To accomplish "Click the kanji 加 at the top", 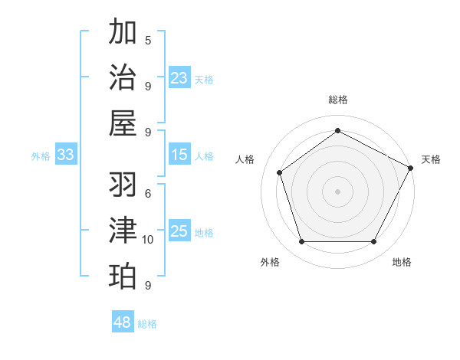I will pyautogui.click(x=123, y=33).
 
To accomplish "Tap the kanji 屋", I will pyautogui.click(x=123, y=123).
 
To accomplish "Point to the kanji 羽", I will pyautogui.click(x=123, y=185).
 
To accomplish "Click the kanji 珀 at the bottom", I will pyautogui.click(x=123, y=276).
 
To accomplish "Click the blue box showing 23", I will pyautogui.click(x=179, y=78).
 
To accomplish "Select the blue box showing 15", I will pyautogui.click(x=179, y=155).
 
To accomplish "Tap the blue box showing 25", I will pyautogui.click(x=179, y=231).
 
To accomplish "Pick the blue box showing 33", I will pyautogui.click(x=65, y=155).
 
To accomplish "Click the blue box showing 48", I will pyautogui.click(x=123, y=322).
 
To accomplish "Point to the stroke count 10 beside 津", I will pyautogui.click(x=148, y=240).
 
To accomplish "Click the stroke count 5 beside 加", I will pyautogui.click(x=148, y=40).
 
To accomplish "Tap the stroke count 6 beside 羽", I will pyautogui.click(x=148, y=194).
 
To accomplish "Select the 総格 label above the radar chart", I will pyautogui.click(x=337, y=100).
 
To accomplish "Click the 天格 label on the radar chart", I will pyautogui.click(x=431, y=159).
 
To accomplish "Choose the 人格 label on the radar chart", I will pyautogui.click(x=245, y=159).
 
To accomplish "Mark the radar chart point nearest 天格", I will pyautogui.click(x=412, y=169).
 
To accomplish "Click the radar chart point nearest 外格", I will pyautogui.click(x=301, y=242).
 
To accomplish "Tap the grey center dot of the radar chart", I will pyautogui.click(x=337, y=191).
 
